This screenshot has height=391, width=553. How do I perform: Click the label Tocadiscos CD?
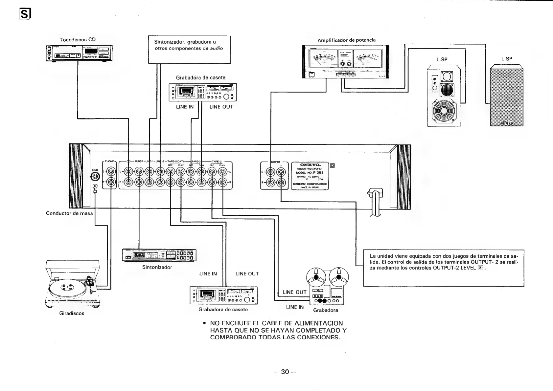tap(78, 40)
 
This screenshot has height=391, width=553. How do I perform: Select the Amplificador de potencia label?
tap(346, 40)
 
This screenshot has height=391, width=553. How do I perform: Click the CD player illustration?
tap(79, 53)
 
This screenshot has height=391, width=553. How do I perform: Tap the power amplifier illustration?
tap(345, 62)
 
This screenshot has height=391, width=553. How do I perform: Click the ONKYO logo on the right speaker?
tap(506, 123)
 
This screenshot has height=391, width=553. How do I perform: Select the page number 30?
tap(285, 372)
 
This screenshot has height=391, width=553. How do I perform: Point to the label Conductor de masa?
tap(69, 213)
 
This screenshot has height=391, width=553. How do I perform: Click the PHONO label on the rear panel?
tap(109, 162)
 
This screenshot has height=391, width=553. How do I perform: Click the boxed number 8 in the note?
tap(480, 268)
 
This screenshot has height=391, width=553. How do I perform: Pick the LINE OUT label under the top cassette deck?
tap(221, 107)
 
